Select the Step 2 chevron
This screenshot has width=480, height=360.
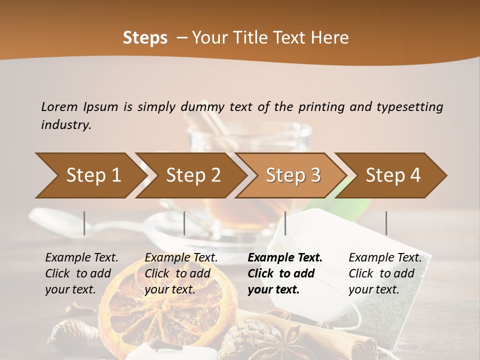point(192,175)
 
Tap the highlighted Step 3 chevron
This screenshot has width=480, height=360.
point(292,175)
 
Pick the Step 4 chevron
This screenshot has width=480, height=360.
point(392,175)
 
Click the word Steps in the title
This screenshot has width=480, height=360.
point(145,38)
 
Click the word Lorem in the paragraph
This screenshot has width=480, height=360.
point(59,107)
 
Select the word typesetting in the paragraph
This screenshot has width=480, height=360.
point(409,107)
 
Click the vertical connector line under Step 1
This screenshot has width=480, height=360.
point(84,223)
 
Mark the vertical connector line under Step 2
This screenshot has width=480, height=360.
point(184,223)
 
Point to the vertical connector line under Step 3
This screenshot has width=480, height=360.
point(285,223)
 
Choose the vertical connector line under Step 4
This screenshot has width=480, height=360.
point(386,223)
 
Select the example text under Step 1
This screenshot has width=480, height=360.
point(81,273)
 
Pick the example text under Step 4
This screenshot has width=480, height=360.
point(385,273)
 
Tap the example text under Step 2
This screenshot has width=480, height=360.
point(181,273)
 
